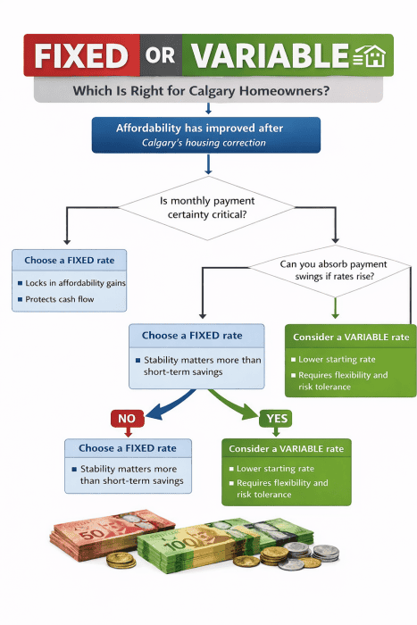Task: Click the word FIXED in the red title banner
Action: click(81, 56)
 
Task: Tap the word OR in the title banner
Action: click(161, 56)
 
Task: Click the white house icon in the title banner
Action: click(371, 56)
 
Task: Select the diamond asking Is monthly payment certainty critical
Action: click(207, 208)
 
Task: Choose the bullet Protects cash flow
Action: click(59, 301)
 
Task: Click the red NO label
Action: click(127, 418)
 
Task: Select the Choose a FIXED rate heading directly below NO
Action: click(128, 448)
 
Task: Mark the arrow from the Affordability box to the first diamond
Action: click(207, 164)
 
